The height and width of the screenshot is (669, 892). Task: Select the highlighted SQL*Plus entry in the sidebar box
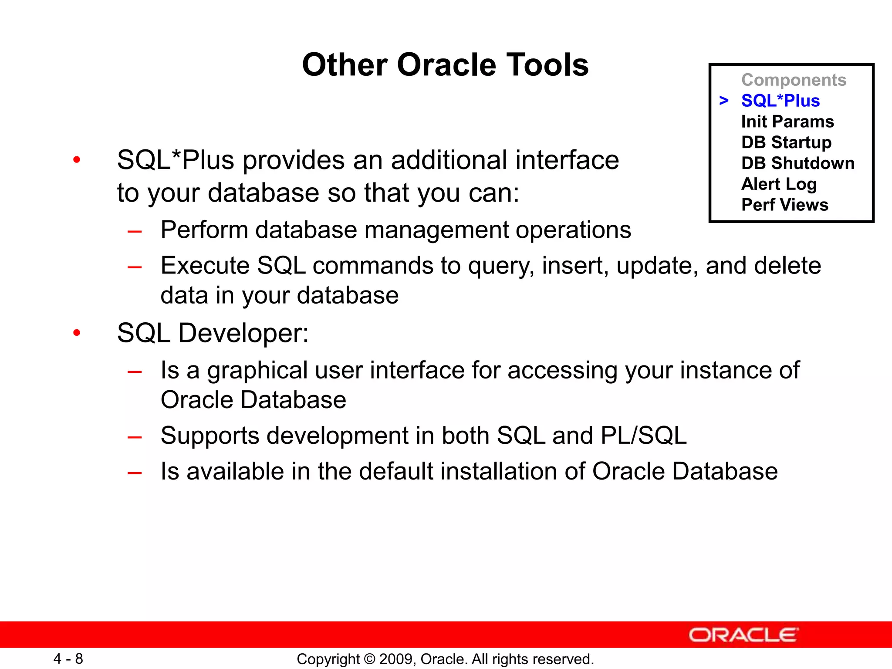[780, 101]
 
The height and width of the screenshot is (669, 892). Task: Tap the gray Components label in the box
[794, 80]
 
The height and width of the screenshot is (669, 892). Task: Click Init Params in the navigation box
[787, 122]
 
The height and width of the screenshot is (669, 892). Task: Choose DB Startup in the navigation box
[786, 142]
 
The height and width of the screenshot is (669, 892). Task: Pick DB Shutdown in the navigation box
[797, 163]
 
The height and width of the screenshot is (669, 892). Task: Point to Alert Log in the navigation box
[779, 184]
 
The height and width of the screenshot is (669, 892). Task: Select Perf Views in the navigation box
[784, 205]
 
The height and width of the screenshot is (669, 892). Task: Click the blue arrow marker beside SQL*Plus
[724, 101]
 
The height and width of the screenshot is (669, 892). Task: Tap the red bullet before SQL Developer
[77, 333]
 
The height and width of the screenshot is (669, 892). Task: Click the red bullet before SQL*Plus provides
[77, 160]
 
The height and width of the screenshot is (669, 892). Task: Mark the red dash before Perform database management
[135, 231]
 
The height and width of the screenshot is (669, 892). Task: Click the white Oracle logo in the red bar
[743, 635]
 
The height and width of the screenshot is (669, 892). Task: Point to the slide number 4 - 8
[68, 659]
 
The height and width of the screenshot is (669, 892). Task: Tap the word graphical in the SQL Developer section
[257, 371]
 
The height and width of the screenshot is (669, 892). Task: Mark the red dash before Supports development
[135, 437]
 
